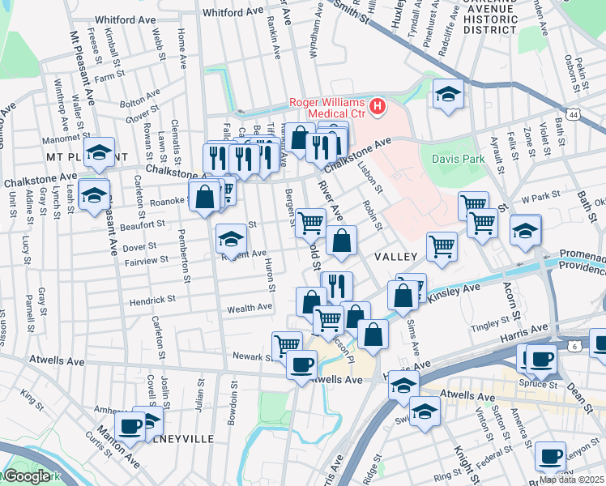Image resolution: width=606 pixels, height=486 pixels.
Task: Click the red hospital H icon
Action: tap(377, 107)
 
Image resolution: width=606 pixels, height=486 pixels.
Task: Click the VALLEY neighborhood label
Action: tap(395, 256)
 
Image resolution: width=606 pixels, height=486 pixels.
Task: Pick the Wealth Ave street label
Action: tap(250, 308)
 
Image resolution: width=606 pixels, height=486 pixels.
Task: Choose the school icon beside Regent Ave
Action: tap(231, 238)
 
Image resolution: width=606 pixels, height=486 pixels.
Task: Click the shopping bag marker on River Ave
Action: tap(342, 241)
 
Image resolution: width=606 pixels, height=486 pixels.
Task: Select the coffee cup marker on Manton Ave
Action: tap(130, 424)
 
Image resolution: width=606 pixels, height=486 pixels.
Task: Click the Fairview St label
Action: tap(147, 260)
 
